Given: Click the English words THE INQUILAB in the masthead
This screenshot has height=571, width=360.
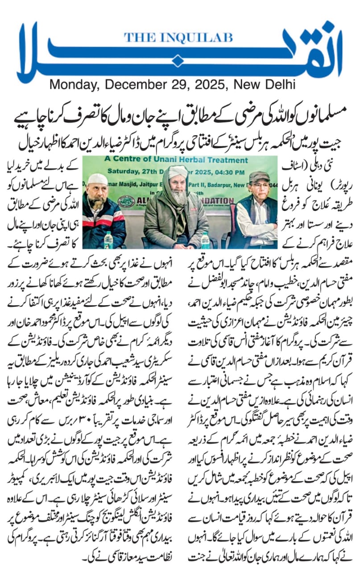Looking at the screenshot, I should click(x=178, y=38).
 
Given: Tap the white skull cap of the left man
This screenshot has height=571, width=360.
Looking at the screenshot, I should click(x=98, y=179).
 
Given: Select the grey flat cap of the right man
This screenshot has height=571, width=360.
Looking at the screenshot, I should click(x=259, y=177).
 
